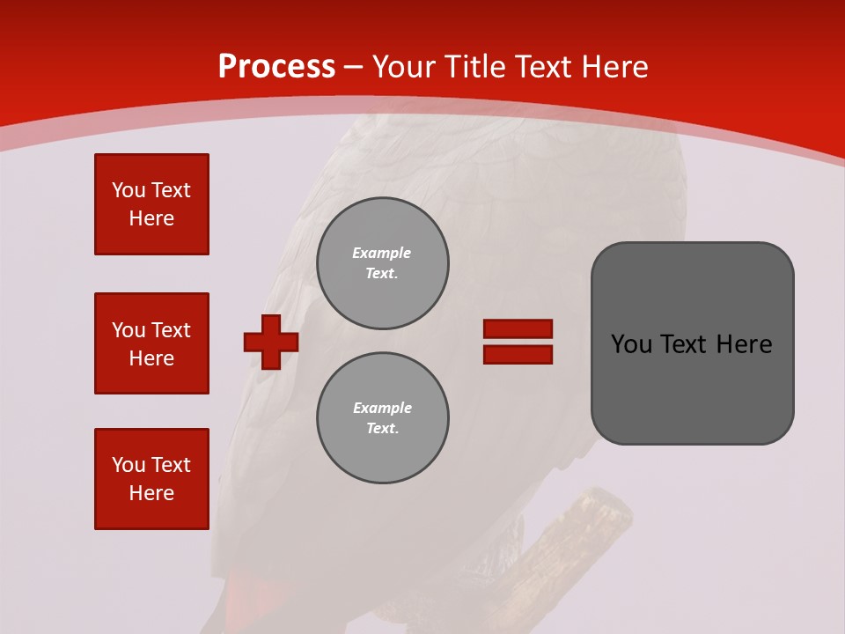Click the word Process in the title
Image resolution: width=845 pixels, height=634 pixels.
pyautogui.click(x=276, y=66)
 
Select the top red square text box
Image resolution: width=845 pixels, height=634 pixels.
pyautogui.click(x=151, y=204)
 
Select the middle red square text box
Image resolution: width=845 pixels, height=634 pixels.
pyautogui.click(x=151, y=343)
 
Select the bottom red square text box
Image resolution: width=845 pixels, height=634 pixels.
pyautogui.click(x=151, y=479)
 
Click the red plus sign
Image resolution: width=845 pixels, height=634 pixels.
pyautogui.click(x=271, y=342)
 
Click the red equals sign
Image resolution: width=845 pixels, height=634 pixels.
pyautogui.click(x=518, y=342)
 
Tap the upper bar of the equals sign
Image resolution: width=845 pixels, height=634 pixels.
pyautogui.click(x=518, y=328)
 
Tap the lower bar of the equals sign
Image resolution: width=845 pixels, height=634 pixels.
pyautogui.click(x=518, y=355)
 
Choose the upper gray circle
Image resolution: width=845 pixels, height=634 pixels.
pyautogui.click(x=383, y=263)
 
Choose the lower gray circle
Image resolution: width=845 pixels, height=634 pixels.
pyautogui.click(x=383, y=418)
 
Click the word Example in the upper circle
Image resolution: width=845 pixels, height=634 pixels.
pyautogui.click(x=382, y=253)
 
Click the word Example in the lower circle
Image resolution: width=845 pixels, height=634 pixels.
pyautogui.click(x=382, y=408)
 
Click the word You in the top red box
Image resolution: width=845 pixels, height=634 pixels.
pyautogui.click(x=129, y=190)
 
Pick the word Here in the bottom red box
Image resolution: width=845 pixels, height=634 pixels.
pyautogui.click(x=151, y=493)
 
